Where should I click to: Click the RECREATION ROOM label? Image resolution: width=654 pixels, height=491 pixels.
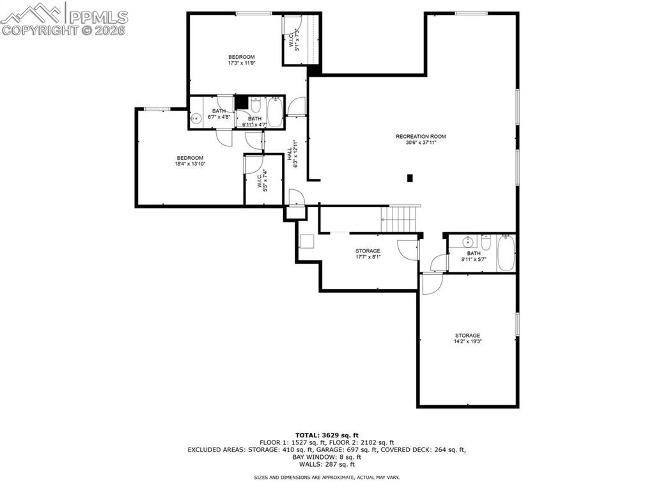421,136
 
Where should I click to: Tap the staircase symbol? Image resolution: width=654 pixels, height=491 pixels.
400,219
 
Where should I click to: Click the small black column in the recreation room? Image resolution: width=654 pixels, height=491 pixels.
410,178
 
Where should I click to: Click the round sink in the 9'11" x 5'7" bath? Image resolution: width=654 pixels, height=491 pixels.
467,242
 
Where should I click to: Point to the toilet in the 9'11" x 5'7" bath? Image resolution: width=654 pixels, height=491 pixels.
486,243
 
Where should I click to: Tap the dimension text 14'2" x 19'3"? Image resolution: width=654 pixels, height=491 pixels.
467,341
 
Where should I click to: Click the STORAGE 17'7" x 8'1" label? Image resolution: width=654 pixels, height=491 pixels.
368,254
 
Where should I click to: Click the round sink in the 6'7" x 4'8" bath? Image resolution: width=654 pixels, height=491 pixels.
197,118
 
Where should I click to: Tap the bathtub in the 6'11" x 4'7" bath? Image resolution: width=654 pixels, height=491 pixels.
274,111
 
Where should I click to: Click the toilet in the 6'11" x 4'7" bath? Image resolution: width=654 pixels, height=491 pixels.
254,107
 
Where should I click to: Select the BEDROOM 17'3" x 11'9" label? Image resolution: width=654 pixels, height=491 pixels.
242,59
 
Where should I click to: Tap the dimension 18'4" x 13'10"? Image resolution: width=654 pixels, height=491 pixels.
190,164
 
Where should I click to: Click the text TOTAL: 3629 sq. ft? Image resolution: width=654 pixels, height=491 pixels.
326,435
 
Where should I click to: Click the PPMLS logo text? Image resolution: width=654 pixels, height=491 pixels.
97,16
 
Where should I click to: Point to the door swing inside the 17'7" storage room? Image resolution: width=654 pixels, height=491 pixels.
408,250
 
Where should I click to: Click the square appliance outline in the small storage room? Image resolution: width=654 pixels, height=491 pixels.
307,242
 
